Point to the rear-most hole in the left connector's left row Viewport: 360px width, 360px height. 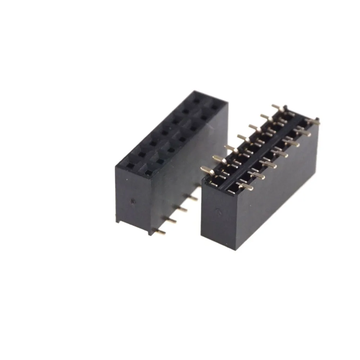[x=196, y=101]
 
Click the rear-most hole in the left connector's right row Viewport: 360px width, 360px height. [x=215, y=107]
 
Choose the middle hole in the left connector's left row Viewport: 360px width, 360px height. [x=164, y=133]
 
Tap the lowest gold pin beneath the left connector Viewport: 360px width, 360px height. [x=159, y=231]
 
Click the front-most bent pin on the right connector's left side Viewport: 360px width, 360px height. [x=207, y=170]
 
